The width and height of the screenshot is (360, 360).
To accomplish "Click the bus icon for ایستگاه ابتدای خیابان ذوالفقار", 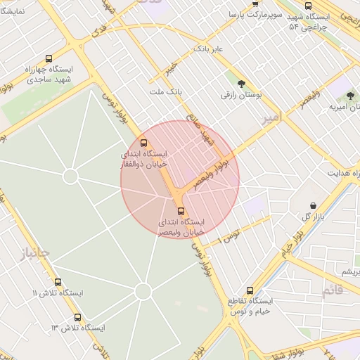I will (144, 143).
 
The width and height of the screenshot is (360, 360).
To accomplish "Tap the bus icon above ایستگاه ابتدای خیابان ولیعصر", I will (181, 210).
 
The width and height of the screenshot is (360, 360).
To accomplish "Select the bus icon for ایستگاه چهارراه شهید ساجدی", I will (48, 59).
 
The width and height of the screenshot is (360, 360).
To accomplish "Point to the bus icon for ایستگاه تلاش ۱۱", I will (36, 292).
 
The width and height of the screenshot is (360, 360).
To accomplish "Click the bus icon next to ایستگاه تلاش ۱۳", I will (77, 317).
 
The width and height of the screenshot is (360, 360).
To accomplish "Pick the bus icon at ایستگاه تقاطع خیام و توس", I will (250, 290).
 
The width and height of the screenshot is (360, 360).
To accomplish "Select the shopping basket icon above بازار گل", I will (312, 205).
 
